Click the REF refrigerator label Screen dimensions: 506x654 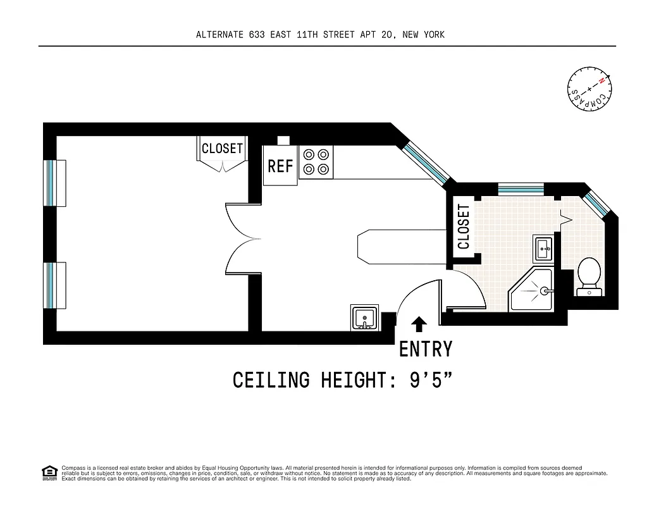(x=280, y=166)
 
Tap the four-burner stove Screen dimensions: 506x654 (x=316, y=161)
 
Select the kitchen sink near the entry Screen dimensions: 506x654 (x=364, y=317)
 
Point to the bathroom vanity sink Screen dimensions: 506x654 (x=543, y=248)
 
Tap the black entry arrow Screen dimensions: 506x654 (x=419, y=324)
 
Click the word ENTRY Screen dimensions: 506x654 (x=426, y=349)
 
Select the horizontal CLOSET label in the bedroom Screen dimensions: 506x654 (x=222, y=149)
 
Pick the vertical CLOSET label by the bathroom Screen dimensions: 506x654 (x=464, y=226)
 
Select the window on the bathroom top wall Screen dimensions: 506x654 (x=521, y=188)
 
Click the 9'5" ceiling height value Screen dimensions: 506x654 (x=421, y=381)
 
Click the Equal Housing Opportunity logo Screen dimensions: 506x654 (x=49, y=472)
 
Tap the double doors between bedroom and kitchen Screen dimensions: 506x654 (x=244, y=238)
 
